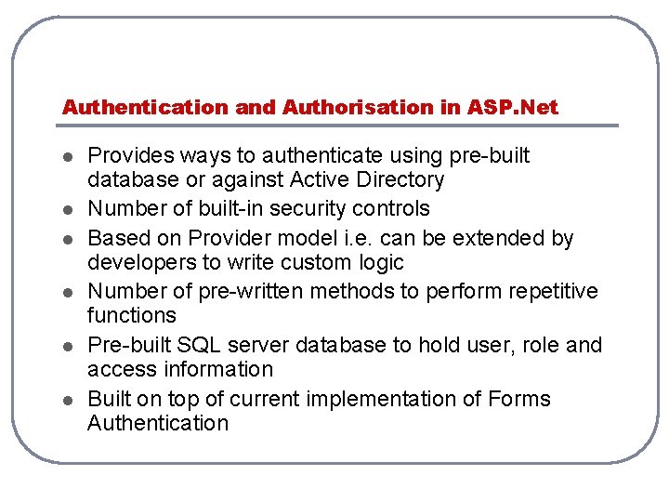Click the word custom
click(x=298, y=262)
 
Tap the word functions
click(x=131, y=316)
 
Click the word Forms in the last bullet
click(x=520, y=399)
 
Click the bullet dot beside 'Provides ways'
click(x=69, y=156)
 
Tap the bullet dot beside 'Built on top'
click(x=69, y=400)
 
